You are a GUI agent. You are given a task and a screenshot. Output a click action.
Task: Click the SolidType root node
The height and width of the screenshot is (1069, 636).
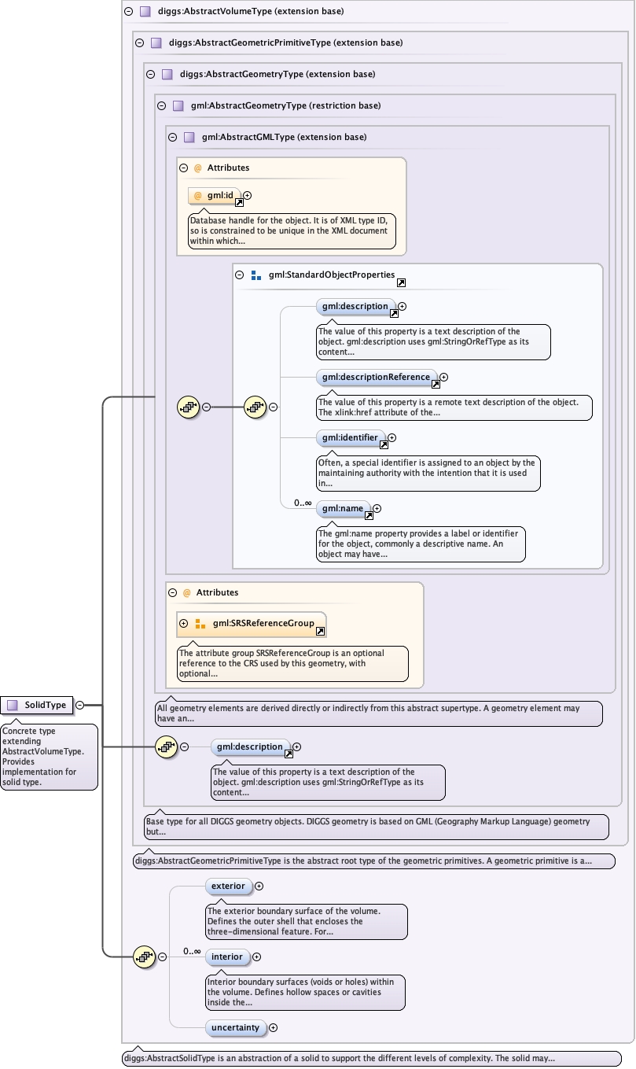click(37, 705)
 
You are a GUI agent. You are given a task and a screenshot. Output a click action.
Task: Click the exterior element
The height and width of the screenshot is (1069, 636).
click(228, 886)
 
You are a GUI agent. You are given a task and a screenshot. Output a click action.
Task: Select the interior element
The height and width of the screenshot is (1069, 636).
click(227, 957)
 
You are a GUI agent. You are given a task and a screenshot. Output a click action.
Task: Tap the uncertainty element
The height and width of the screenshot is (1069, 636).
click(235, 1027)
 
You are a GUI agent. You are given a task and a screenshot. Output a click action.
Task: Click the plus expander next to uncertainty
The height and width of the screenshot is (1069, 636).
click(274, 1027)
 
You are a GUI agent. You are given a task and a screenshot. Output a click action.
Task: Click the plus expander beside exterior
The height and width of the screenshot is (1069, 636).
click(259, 886)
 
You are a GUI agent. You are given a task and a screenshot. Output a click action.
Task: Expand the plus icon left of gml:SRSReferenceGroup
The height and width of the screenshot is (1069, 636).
click(184, 624)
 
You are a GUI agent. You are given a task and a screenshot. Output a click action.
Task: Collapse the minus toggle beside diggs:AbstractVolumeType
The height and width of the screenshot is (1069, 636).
click(128, 12)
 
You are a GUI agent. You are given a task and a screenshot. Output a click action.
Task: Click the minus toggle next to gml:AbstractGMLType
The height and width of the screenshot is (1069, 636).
click(172, 137)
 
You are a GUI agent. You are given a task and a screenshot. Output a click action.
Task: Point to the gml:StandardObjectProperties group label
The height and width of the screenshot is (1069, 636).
click(331, 275)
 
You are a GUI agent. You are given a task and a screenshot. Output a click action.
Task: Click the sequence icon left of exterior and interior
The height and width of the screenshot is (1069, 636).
click(145, 957)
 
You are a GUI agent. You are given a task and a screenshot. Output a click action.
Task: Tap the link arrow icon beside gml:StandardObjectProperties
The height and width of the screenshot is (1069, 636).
click(401, 282)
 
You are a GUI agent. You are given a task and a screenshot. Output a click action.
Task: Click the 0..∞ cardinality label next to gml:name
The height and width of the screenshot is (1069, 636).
click(303, 503)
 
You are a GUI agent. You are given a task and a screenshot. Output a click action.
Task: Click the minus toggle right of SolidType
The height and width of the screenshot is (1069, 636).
click(80, 705)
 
